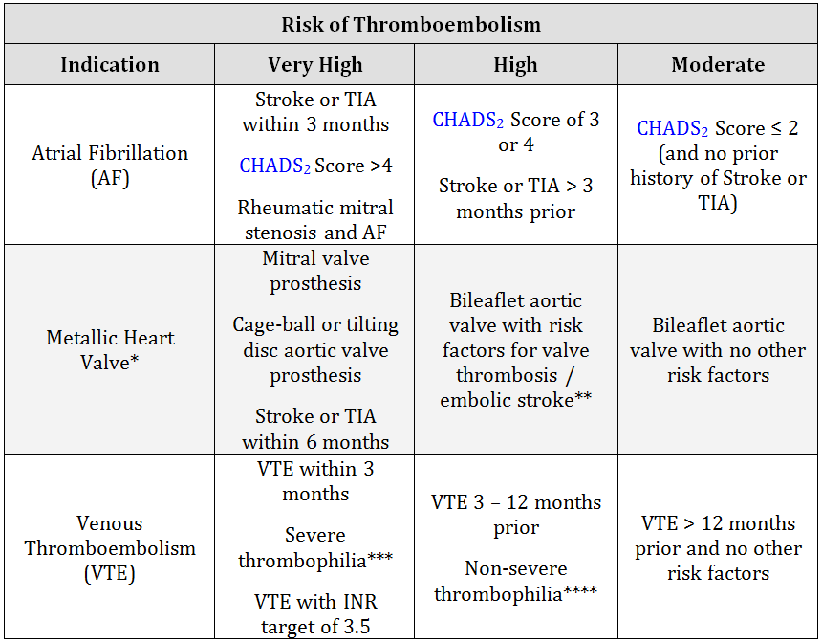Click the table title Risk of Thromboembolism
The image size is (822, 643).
[410, 24]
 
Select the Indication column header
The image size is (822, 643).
[110, 65]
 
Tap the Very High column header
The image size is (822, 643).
[314, 65]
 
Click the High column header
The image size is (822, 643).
[515, 65]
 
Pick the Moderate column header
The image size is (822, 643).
[718, 65]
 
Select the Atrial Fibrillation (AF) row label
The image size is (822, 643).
[110, 165]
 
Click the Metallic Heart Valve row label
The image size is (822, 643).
[110, 349]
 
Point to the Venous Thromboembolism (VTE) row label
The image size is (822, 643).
[110, 548]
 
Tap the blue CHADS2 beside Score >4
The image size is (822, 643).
[274, 166]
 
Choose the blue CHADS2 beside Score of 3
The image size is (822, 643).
[467, 121]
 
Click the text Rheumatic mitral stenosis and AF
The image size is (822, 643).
[315, 219]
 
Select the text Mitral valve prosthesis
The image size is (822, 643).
[315, 271]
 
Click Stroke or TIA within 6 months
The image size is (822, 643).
[315, 429]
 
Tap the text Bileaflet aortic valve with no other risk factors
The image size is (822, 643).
[718, 349]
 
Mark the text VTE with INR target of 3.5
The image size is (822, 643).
[315, 614]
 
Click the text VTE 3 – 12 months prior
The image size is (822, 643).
[516, 515]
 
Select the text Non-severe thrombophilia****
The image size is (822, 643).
[516, 581]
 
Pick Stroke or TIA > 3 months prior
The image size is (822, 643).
[516, 198]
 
